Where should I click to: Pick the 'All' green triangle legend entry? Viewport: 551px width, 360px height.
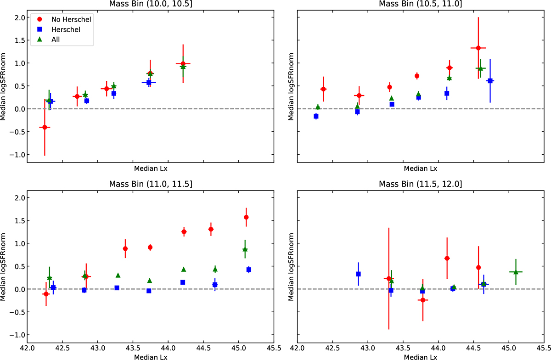(50, 39)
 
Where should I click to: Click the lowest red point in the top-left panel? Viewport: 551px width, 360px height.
(45, 127)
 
